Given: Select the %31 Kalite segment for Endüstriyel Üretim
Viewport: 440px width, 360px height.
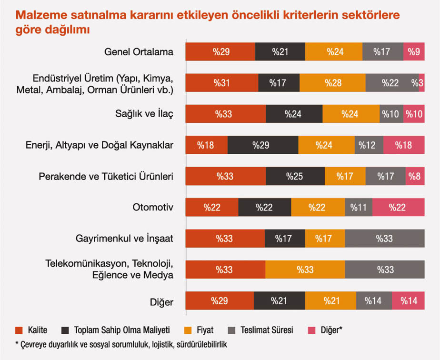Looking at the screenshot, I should click(x=222, y=83).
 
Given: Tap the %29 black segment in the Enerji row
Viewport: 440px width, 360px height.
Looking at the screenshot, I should click(x=263, y=145).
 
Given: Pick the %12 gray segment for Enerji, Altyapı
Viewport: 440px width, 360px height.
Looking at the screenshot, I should click(x=369, y=145).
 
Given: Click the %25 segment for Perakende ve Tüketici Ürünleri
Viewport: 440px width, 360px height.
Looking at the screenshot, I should click(x=295, y=176).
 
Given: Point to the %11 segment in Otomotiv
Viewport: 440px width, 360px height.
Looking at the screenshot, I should click(x=359, y=207).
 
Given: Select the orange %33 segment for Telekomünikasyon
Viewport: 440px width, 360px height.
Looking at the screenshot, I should click(x=305, y=270).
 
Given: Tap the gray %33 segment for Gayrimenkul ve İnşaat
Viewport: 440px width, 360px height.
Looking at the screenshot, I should click(x=385, y=238).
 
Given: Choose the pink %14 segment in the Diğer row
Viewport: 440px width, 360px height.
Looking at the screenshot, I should click(x=408, y=300).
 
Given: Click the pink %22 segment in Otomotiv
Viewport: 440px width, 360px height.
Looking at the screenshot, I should click(x=398, y=207).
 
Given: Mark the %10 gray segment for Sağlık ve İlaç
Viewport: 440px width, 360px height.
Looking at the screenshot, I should click(x=391, y=114).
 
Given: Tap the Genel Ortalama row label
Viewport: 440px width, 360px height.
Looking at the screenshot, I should click(x=139, y=52).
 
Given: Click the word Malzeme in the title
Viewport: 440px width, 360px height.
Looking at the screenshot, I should click(x=37, y=15).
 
